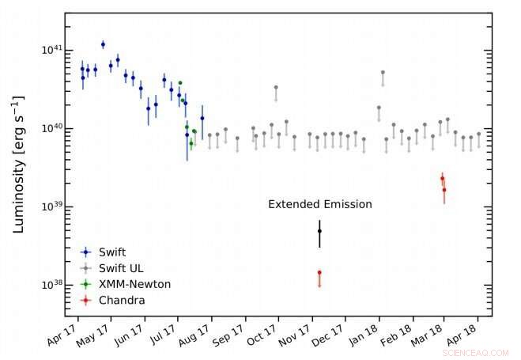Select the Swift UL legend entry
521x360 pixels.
click(119, 267)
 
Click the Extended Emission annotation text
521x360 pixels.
click(319, 204)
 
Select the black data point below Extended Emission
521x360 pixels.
click(319, 231)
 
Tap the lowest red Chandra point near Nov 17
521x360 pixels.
click(319, 272)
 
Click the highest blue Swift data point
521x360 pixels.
click(103, 44)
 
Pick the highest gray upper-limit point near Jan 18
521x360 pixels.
click(383, 73)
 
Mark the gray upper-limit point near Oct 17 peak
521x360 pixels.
click(276, 88)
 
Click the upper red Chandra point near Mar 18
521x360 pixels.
click(442, 179)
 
